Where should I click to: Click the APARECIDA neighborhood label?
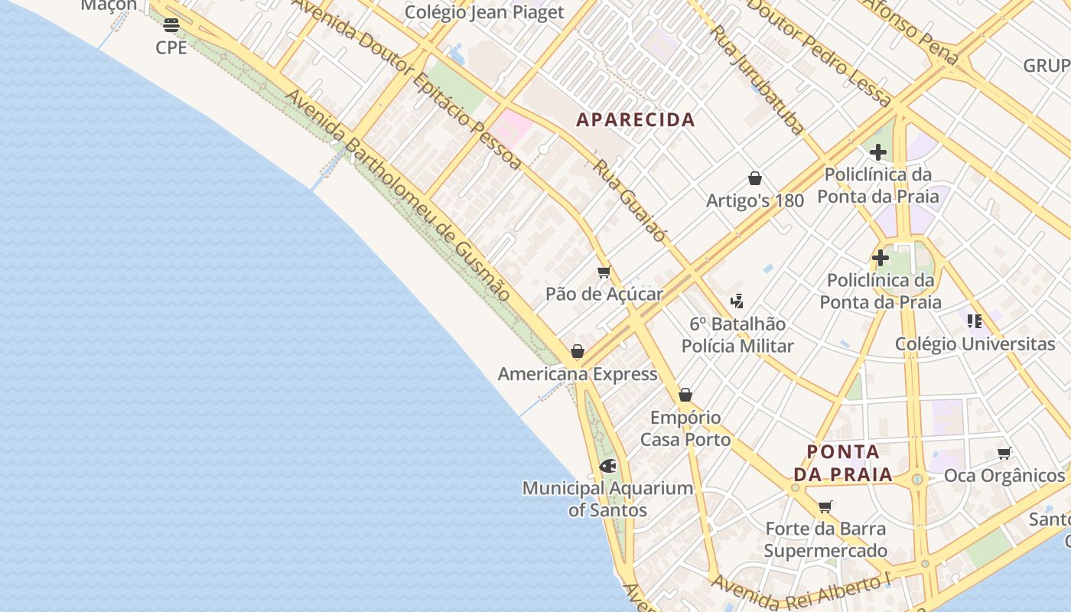(x=635, y=120)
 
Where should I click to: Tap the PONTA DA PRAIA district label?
(x=842, y=463)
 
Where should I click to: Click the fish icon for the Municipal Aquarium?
(x=608, y=465)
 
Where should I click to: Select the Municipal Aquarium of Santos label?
(x=607, y=499)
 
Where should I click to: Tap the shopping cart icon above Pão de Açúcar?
(x=604, y=272)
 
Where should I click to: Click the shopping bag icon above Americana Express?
(x=578, y=352)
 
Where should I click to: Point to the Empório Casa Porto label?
(x=685, y=428)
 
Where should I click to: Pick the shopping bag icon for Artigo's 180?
(x=755, y=178)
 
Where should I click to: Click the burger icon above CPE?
(x=171, y=25)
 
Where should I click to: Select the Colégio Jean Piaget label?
(x=484, y=12)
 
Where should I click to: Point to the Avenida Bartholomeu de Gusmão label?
(x=398, y=195)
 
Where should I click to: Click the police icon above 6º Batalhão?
(x=737, y=301)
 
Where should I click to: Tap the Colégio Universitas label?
(x=975, y=344)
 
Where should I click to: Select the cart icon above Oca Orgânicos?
(x=1004, y=453)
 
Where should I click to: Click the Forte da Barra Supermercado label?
(x=825, y=539)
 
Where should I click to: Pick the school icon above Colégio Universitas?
(x=974, y=321)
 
